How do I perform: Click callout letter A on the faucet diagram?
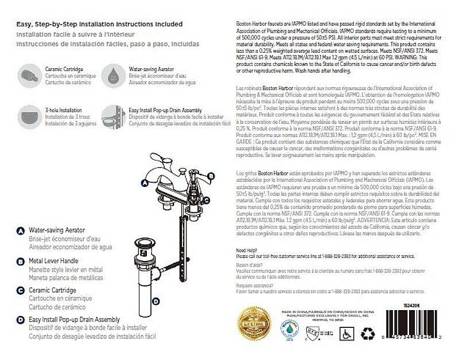pos(145,182)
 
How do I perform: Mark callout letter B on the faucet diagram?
pos(210,176)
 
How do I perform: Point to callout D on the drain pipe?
pos(157,300)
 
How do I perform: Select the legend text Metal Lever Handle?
pos(55,260)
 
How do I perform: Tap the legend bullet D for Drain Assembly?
pos(21,319)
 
